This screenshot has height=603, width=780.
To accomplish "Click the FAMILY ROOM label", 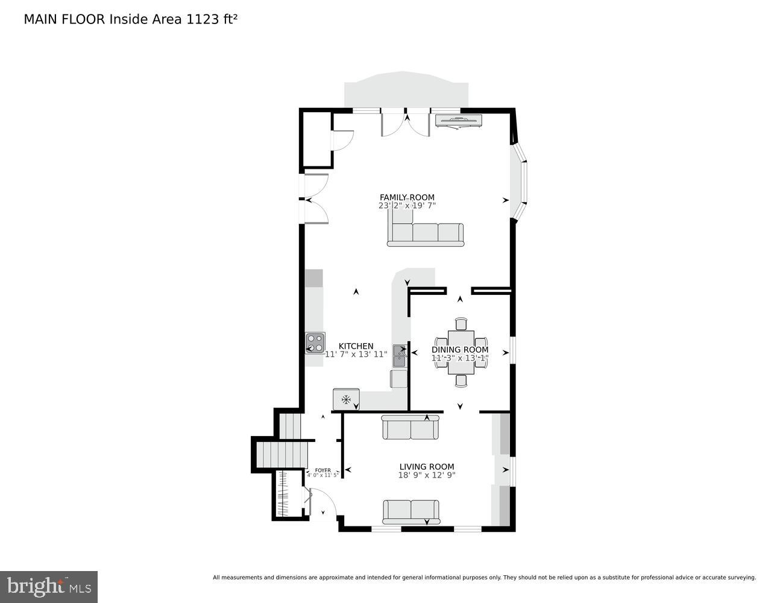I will pyautogui.click(x=407, y=197).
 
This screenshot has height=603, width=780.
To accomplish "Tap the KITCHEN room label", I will pyautogui.click(x=356, y=346).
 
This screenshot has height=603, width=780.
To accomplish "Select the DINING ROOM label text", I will pyautogui.click(x=460, y=350).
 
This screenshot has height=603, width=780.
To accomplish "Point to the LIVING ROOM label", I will pyautogui.click(x=427, y=466).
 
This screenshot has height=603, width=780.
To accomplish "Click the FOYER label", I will pyautogui.click(x=323, y=470).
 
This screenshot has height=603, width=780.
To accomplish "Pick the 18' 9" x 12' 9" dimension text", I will pyautogui.click(x=427, y=475).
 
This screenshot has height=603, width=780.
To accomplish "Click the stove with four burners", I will pyautogui.click(x=315, y=343).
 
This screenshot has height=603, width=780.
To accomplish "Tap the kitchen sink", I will pyautogui.click(x=399, y=356).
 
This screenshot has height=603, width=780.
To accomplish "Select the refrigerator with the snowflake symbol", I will pyautogui.click(x=346, y=399).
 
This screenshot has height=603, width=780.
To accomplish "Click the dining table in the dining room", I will pyautogui.click(x=461, y=352).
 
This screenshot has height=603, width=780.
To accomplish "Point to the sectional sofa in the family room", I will pyautogui.click(x=425, y=232).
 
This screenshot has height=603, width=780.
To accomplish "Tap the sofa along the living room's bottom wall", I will pyautogui.click(x=410, y=511).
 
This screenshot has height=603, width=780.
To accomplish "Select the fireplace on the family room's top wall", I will pyautogui.click(x=459, y=120).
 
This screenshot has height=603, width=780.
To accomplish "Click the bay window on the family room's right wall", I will pyautogui.click(x=520, y=182).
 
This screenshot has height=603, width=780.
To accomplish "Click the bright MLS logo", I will pyautogui.click(x=49, y=587).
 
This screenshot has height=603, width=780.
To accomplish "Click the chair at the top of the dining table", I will pyautogui.click(x=461, y=324).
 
